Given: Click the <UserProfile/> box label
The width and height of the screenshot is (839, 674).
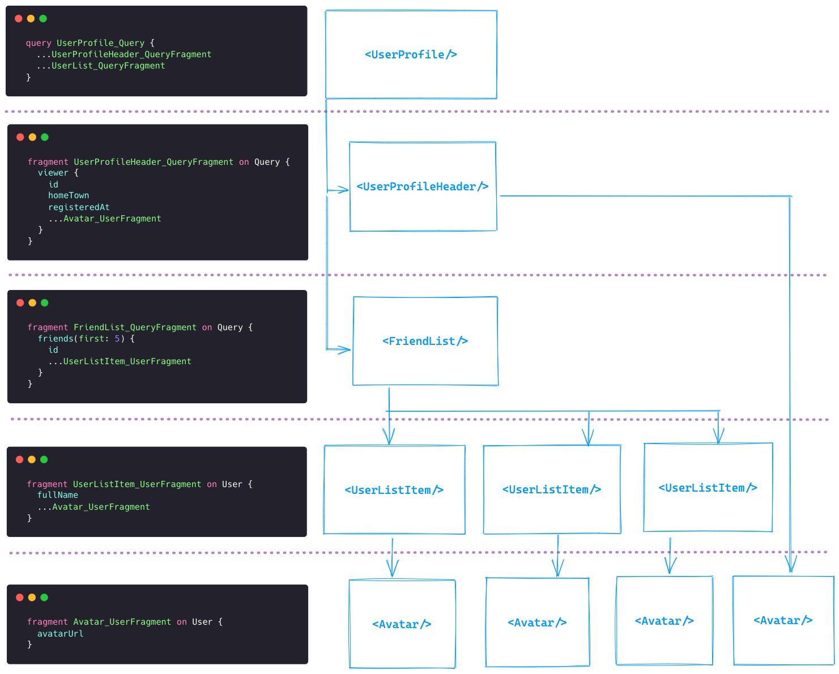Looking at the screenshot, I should [411, 54].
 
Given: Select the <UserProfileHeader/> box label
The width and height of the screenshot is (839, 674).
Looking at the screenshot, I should [422, 186].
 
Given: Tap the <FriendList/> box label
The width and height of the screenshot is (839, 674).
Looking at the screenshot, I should [425, 341].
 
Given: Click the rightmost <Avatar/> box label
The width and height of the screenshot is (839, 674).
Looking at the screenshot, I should [783, 621].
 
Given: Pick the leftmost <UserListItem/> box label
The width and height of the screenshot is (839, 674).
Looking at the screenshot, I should [394, 490].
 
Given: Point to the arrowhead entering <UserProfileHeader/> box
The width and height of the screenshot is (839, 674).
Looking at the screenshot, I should [343, 190].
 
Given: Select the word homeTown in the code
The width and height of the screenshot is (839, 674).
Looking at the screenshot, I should [69, 195].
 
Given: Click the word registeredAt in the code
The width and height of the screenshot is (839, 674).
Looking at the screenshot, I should [79, 207].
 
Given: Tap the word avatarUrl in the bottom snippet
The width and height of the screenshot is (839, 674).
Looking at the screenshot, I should [60, 634].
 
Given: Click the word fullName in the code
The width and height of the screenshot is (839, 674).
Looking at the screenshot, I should [58, 495].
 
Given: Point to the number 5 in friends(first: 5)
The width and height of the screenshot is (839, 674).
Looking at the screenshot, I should [117, 339].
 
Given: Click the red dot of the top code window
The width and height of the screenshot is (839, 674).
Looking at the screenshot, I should [19, 19].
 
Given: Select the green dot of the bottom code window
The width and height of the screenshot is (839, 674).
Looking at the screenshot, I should [44, 598].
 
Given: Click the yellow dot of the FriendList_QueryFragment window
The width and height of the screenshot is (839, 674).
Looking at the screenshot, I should [32, 303].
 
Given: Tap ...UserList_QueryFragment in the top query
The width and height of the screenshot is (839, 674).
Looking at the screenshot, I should [101, 66].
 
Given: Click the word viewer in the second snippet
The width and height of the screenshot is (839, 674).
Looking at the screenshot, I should [53, 173].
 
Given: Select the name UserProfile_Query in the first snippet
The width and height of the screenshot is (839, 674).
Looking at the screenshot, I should [100, 43].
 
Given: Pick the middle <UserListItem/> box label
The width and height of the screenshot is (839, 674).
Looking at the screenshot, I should [551, 489].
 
